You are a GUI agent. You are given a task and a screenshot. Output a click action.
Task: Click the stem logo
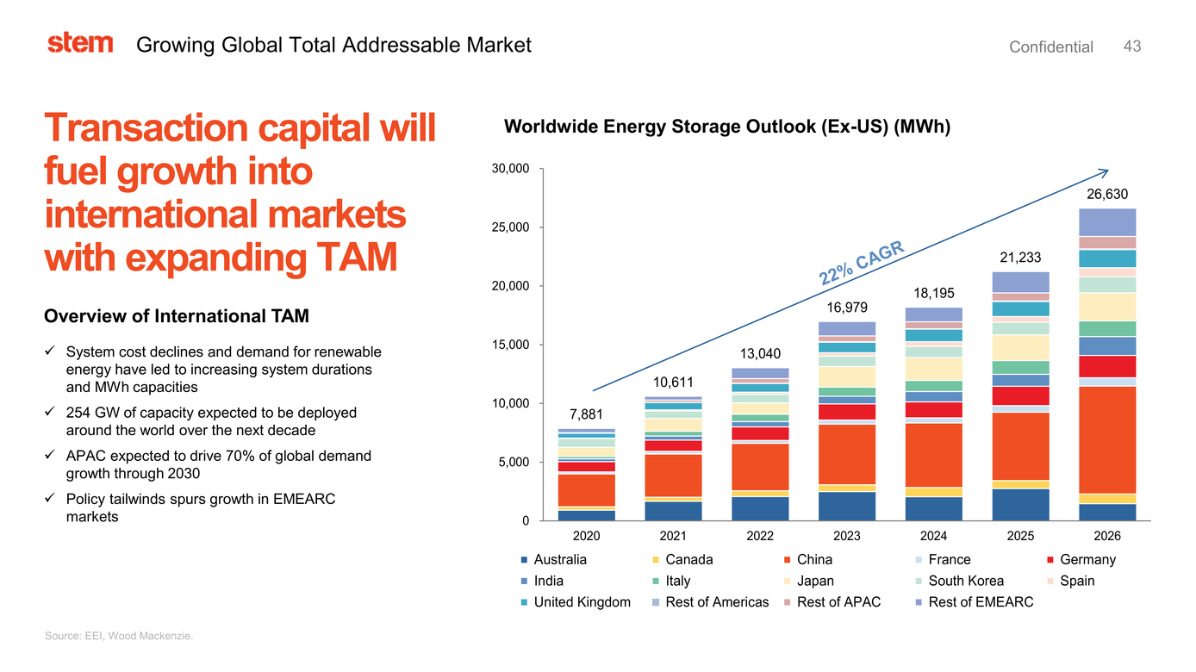tap(80, 43)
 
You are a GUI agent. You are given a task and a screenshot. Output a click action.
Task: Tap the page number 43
tap(1132, 47)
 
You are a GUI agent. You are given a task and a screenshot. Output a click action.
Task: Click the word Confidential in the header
tap(1050, 47)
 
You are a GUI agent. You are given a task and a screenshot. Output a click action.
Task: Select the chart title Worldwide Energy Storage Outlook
tap(726, 128)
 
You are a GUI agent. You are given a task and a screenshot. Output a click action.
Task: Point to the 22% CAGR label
tap(862, 264)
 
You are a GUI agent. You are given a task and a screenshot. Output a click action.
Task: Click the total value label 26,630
tap(1107, 195)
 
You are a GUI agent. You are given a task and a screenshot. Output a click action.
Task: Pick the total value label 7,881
tap(586, 415)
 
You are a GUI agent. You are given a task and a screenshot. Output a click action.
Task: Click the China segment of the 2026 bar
tap(1107, 439)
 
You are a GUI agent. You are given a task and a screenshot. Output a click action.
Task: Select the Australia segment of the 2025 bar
tap(1020, 505)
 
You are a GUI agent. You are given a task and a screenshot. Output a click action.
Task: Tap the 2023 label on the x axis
tap(847, 536)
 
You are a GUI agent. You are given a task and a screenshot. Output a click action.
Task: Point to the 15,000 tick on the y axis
tap(510, 345)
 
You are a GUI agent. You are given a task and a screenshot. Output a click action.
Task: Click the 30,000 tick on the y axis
tap(510, 169)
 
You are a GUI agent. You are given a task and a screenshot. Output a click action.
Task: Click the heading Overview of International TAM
tap(176, 317)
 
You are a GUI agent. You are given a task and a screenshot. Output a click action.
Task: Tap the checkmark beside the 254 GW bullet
tap(50, 413)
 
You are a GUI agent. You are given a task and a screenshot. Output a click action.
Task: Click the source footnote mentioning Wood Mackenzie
tap(119, 636)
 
